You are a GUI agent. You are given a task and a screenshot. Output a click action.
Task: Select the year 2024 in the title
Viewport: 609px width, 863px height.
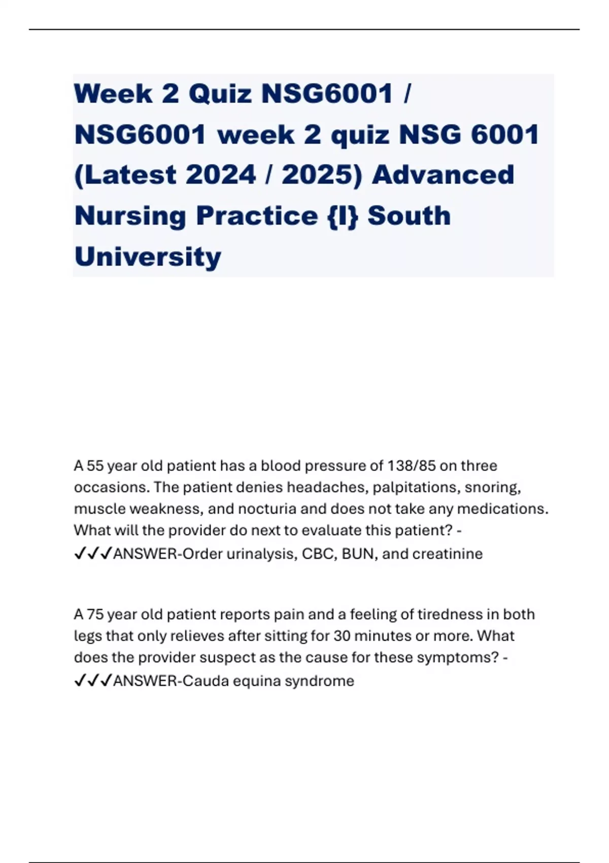(x=221, y=175)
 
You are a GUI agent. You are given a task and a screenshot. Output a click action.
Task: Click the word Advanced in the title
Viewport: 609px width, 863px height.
(x=443, y=175)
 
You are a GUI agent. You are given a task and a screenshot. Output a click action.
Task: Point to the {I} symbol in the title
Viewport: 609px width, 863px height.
(x=343, y=216)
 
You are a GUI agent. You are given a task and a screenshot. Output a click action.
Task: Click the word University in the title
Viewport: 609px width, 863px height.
(x=148, y=257)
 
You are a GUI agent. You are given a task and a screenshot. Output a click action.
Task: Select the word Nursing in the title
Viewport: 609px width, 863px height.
(x=129, y=216)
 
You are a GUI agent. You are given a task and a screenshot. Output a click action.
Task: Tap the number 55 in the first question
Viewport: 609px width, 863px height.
(x=95, y=466)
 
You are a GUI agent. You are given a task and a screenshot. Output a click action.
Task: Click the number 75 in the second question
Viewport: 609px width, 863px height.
(x=95, y=614)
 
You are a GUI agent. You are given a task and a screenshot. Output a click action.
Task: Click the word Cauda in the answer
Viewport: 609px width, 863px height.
(x=205, y=681)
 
